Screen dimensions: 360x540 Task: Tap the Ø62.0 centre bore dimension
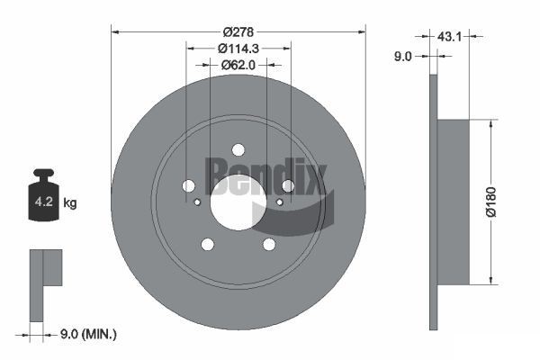coord(238,65)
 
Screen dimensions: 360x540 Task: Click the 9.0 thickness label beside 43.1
coord(403,56)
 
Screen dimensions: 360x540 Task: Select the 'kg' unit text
coord(70,203)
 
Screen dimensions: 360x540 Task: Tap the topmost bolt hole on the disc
coord(238,149)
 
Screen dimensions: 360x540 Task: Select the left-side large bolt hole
coord(188,185)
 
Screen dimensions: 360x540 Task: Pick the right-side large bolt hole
coord(288,185)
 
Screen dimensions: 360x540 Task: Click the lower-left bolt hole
coord(207,244)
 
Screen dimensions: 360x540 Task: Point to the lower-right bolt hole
coord(269,244)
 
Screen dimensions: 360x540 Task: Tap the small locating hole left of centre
coord(197,202)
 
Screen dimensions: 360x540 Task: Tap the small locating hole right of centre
coord(279,202)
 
